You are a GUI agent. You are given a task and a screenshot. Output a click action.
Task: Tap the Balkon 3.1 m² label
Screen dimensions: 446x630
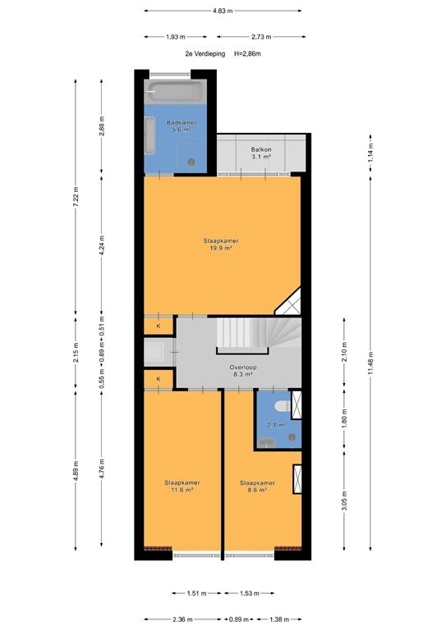click(x=261, y=153)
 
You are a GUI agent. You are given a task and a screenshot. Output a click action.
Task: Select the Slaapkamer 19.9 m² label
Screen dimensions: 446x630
click(x=221, y=244)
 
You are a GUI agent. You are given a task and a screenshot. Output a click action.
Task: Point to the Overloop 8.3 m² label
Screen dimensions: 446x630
click(x=243, y=371)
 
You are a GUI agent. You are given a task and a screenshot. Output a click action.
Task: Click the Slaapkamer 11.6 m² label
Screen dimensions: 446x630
click(x=182, y=486)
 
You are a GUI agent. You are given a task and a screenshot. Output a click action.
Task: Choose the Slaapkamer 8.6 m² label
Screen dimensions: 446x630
click(x=257, y=486)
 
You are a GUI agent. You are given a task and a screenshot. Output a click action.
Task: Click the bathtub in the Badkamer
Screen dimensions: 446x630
click(x=175, y=92)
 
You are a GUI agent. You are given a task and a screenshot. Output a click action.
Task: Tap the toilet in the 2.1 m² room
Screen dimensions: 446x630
click(x=283, y=406)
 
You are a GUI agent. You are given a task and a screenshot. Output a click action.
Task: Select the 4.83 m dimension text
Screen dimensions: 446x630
click(x=223, y=11)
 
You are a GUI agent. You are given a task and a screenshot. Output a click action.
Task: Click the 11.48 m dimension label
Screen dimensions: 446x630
click(x=370, y=363)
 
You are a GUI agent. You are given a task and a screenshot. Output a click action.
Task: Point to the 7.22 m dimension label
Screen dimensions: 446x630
click(x=76, y=197)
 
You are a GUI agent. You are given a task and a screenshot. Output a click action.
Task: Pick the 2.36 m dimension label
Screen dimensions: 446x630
click(x=182, y=619)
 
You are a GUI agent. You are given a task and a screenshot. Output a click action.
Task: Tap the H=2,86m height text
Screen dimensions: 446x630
click(x=247, y=53)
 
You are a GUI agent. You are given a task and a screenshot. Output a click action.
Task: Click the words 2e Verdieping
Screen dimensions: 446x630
click(x=205, y=53)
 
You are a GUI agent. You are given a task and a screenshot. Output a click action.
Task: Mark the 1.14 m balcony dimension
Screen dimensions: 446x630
click(x=370, y=152)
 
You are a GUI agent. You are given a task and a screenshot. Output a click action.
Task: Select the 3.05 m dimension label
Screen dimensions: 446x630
click(x=344, y=500)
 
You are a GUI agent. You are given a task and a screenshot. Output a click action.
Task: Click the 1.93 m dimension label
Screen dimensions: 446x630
click(x=176, y=37)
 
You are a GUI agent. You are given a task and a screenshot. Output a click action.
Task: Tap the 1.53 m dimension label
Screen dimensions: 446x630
click(x=250, y=593)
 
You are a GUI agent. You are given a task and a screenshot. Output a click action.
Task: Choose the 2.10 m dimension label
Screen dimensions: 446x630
click(x=344, y=352)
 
